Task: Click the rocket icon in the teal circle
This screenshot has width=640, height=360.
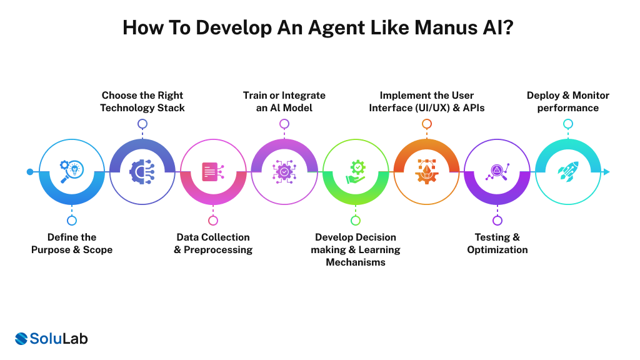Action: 567,172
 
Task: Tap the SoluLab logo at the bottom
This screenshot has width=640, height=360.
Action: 51,339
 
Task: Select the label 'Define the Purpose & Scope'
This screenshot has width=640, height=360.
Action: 72,243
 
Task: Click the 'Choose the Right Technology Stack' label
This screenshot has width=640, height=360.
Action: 143,101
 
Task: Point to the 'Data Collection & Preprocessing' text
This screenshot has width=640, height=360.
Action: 213,243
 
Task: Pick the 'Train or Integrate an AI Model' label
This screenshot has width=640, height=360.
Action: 284,101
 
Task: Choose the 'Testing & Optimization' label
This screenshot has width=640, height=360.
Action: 497,243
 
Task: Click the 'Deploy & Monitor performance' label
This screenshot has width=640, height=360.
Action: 567,101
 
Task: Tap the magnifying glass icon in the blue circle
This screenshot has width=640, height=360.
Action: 72,172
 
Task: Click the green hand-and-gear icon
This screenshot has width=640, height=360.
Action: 355,172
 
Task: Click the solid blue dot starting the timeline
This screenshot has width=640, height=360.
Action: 30,172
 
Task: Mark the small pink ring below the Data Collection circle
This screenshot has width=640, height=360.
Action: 213,220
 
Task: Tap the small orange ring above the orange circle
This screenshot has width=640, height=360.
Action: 426,124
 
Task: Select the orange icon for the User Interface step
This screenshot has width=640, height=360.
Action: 426,172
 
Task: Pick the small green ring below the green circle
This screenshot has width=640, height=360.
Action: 355,220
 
